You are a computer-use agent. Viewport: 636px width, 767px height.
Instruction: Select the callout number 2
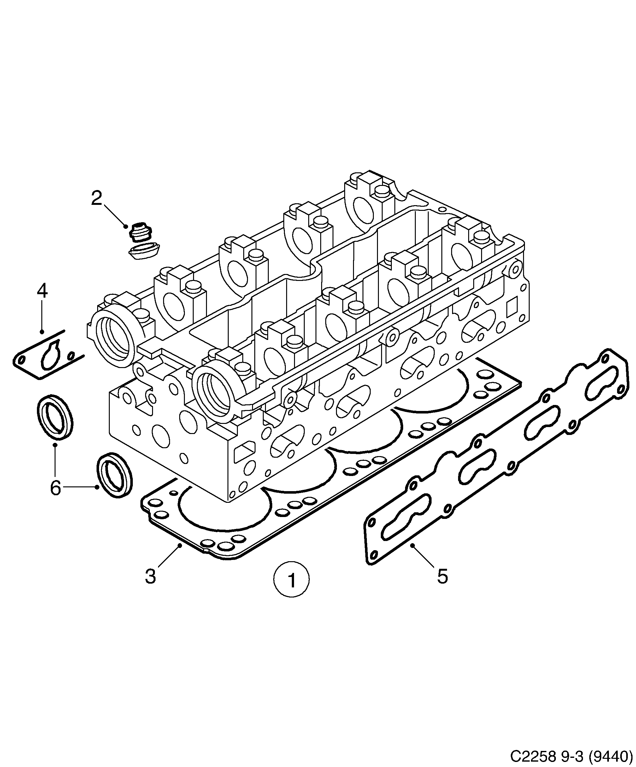(97, 198)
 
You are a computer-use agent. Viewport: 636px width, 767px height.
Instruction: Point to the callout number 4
(42, 291)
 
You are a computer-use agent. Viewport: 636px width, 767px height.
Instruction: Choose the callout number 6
(55, 488)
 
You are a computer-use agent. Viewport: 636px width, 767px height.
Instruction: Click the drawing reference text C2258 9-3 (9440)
(571, 755)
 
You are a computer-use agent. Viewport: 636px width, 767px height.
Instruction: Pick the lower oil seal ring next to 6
(114, 476)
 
